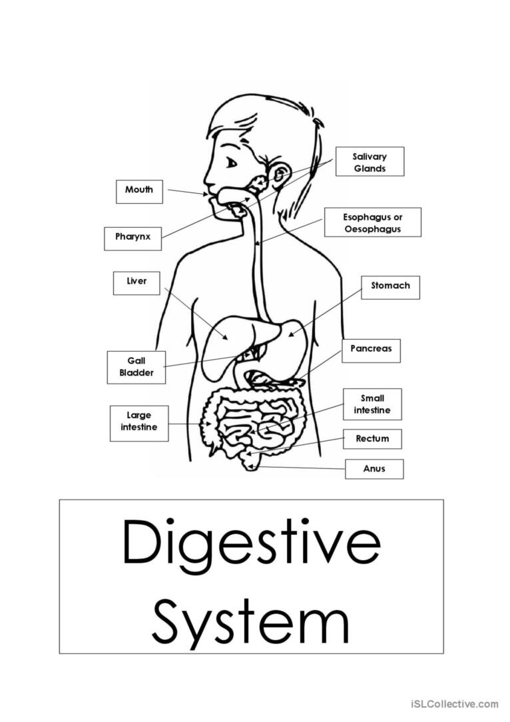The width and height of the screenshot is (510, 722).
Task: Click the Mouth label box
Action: [x=139, y=192]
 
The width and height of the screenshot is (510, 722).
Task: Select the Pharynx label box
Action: [x=132, y=238]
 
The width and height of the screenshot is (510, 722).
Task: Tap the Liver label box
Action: [x=136, y=283]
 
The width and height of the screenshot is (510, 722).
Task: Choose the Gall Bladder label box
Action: [x=136, y=368]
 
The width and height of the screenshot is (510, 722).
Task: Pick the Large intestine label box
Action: [x=139, y=423]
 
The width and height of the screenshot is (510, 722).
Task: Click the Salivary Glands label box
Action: [x=370, y=162]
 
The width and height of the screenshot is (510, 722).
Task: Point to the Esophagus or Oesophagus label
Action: [x=372, y=222]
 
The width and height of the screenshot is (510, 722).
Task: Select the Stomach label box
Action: [x=390, y=288]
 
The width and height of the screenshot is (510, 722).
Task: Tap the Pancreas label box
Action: [x=371, y=351]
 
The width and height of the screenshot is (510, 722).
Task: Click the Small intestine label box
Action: [x=372, y=404]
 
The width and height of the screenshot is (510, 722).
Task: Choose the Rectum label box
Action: [x=372, y=439]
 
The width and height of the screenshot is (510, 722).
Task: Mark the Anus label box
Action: [x=374, y=469]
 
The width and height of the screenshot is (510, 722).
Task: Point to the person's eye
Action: [x=231, y=163]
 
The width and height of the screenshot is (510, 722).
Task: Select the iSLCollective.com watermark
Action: [x=454, y=703]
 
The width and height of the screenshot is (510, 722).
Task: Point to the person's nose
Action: [x=208, y=177]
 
